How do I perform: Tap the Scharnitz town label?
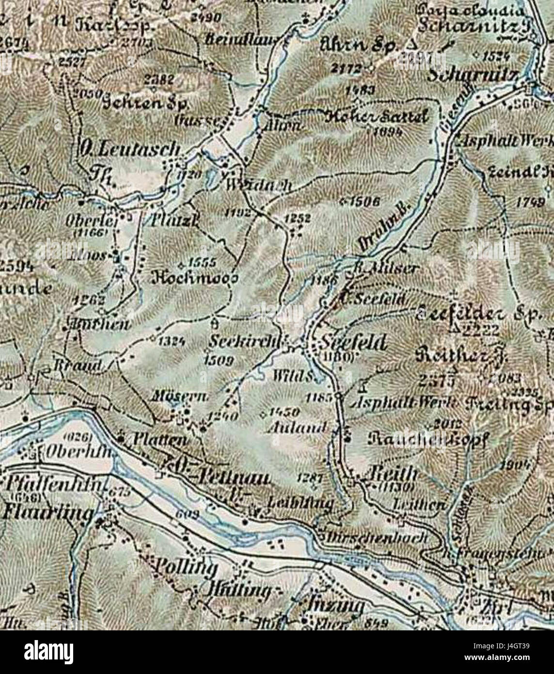474,76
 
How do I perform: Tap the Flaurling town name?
47,513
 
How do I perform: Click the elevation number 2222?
479,331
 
